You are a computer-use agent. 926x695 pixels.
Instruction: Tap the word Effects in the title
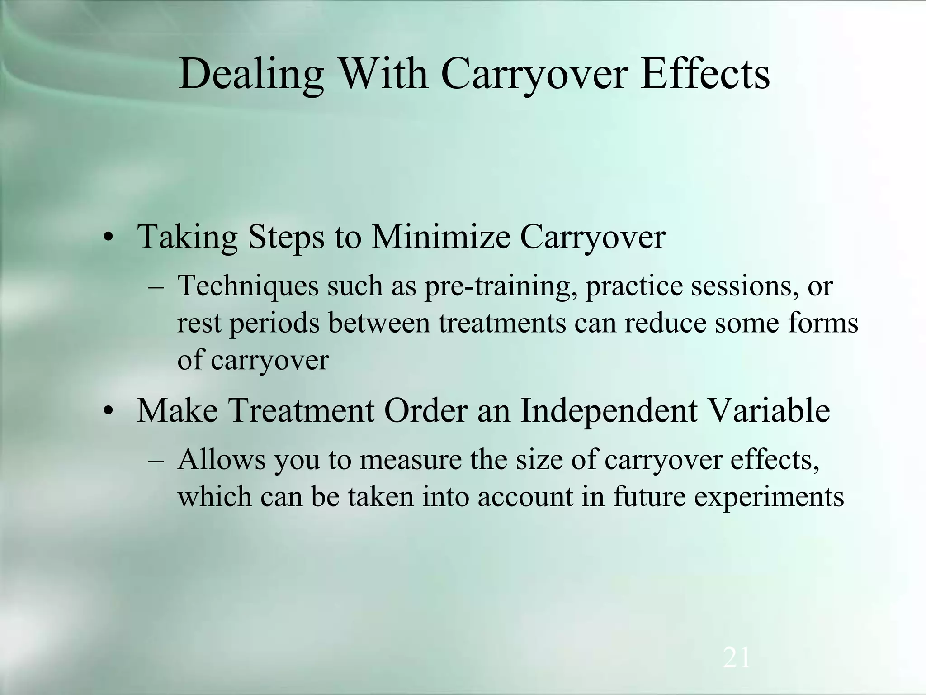[705, 73]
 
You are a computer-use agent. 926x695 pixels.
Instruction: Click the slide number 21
[737, 658]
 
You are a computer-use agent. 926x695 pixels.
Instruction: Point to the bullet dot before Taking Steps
[107, 238]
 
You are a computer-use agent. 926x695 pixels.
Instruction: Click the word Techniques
[248, 287]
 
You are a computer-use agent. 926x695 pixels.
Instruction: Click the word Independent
[609, 410]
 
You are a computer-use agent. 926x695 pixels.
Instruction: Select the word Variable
[769, 410]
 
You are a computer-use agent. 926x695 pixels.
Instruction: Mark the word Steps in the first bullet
[286, 237]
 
